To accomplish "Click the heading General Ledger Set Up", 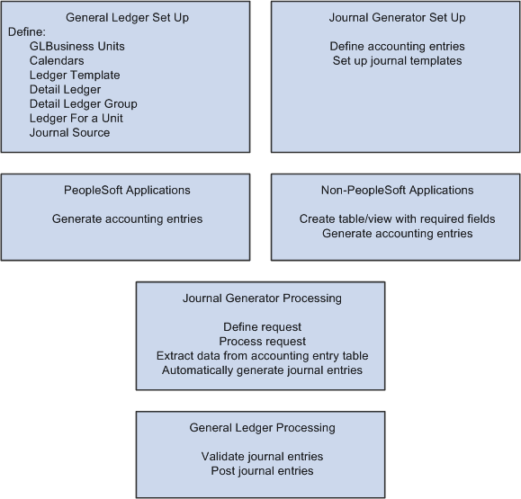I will (126, 17).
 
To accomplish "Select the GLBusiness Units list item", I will (77, 46).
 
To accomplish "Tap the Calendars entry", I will (57, 60).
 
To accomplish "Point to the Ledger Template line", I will (75, 75).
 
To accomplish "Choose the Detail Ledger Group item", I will (83, 103).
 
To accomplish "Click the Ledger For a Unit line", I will (76, 118).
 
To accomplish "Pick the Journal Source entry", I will (69, 132).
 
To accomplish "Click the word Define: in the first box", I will (26, 31).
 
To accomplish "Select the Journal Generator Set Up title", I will (396, 17).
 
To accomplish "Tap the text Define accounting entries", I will (396, 46).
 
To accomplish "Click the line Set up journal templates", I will (396, 60).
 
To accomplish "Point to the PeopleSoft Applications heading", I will (127, 190).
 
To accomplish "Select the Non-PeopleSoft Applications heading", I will (397, 190).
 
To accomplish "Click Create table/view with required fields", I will (397, 218).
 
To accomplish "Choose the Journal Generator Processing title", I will (260, 298).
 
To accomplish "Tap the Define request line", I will (260, 326).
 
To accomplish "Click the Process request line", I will (260, 341).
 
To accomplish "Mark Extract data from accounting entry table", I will (262, 355).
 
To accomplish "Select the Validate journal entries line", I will (262, 456).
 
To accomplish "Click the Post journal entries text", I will (262, 470).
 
